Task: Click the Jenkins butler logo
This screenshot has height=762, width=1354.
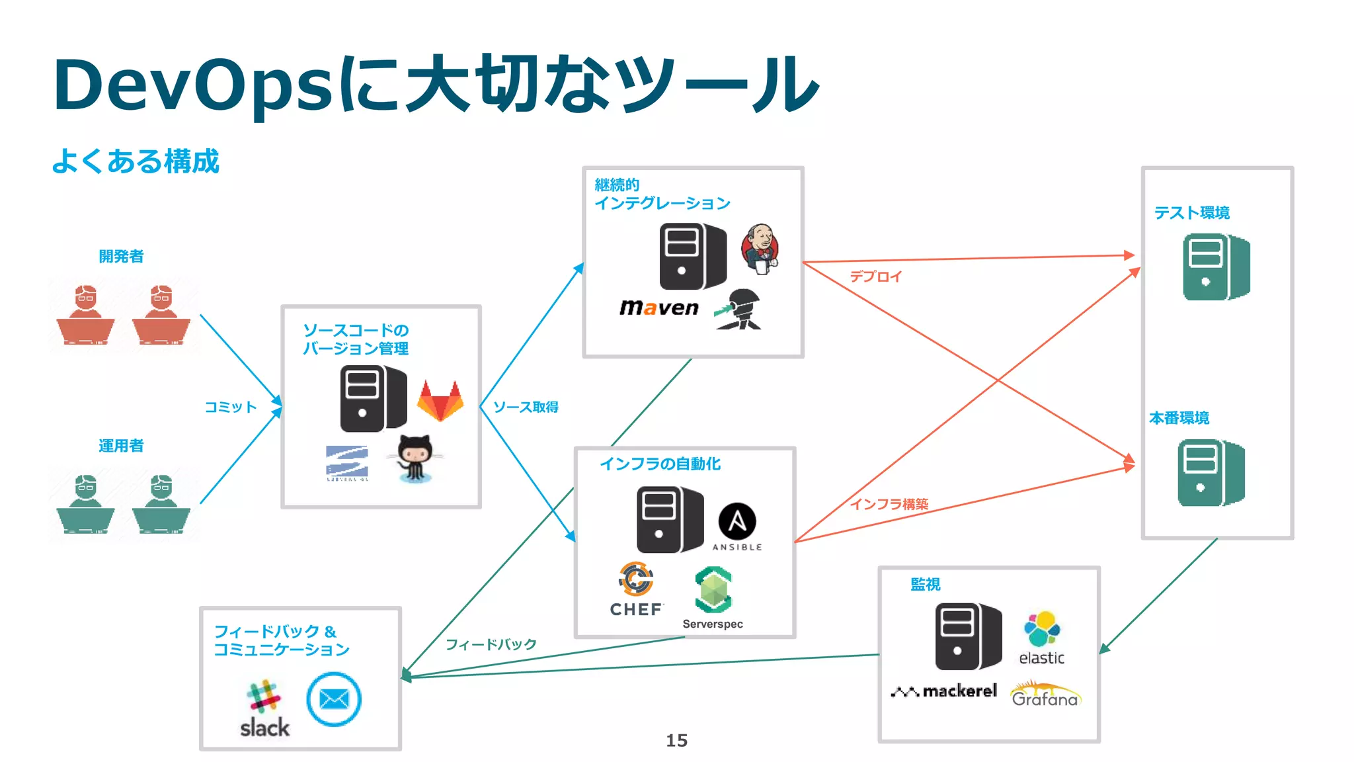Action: [x=760, y=249]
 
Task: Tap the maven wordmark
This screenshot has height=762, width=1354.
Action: [x=658, y=308]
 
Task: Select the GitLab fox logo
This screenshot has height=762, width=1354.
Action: [x=440, y=401]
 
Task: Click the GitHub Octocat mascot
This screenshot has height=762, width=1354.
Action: [x=415, y=458]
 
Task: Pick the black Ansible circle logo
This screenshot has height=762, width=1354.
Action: [x=737, y=522]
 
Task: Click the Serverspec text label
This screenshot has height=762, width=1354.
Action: [x=713, y=624]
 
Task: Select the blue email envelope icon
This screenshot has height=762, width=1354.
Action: [x=334, y=699]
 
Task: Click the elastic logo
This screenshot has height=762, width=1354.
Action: [x=1042, y=638]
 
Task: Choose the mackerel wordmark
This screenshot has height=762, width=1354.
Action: [x=944, y=691]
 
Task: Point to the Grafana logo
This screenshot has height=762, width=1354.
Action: [x=1045, y=695]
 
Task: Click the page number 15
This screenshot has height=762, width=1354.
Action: [x=676, y=740]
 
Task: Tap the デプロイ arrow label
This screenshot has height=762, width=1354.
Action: [x=875, y=276]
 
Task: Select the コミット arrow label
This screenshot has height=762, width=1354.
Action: [x=230, y=407]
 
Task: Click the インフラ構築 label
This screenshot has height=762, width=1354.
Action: [x=889, y=504]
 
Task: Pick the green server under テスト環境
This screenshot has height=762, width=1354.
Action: [x=1216, y=267]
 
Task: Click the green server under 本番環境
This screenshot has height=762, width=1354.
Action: [x=1211, y=473]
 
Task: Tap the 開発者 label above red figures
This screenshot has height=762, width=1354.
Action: [x=121, y=257]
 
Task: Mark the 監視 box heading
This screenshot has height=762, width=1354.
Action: [x=925, y=584]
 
